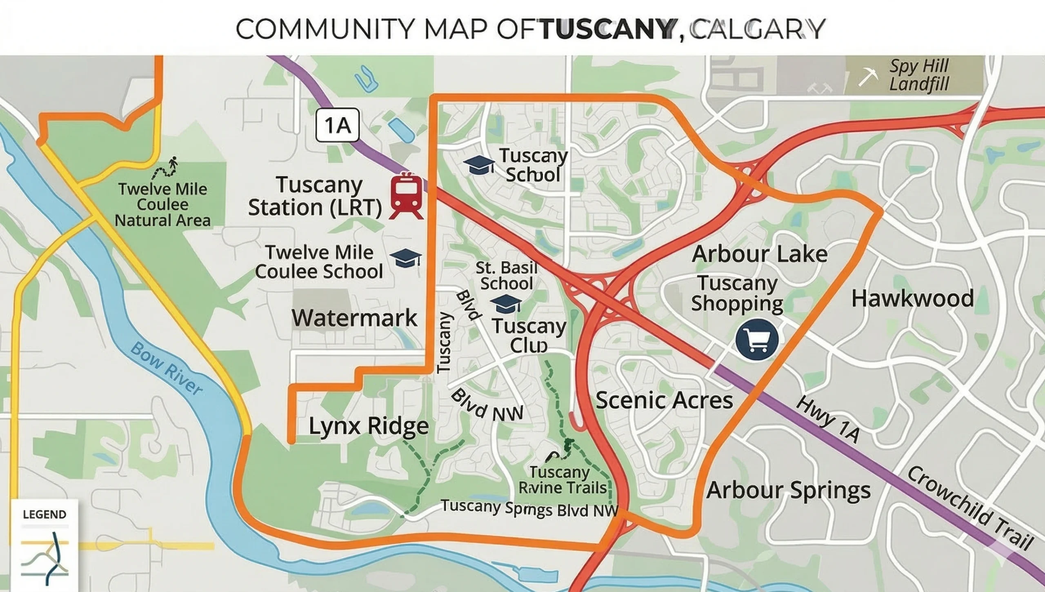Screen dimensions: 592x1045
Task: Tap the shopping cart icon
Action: click(x=757, y=340)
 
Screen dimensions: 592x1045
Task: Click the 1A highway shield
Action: click(x=338, y=125)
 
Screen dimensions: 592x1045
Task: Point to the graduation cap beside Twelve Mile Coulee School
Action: click(x=405, y=258)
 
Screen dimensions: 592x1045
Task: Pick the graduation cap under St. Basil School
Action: click(x=506, y=304)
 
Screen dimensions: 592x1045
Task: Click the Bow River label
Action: click(x=167, y=368)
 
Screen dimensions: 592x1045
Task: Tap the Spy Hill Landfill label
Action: click(x=919, y=76)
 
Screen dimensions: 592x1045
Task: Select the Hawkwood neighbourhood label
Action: click(x=912, y=298)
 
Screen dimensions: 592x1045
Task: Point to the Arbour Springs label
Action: click(x=788, y=490)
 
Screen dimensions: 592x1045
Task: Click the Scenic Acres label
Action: click(x=664, y=400)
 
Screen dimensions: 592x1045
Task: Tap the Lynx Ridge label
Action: click(x=369, y=426)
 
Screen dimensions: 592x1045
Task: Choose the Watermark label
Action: click(x=354, y=318)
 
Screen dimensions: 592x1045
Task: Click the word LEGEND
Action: click(x=44, y=514)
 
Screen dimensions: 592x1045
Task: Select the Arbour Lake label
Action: click(x=760, y=254)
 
